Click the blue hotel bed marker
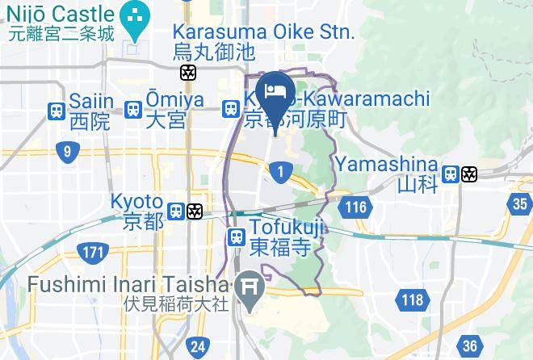[x=273, y=90]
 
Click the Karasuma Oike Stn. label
[x=263, y=33]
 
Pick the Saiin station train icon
[x=57, y=110]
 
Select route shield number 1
[x=281, y=171]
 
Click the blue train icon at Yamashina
[x=451, y=174]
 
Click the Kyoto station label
[x=136, y=202]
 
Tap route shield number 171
[x=94, y=253]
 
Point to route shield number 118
[x=411, y=301]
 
